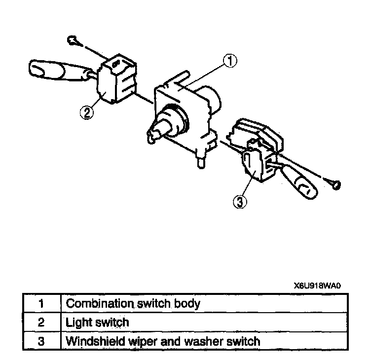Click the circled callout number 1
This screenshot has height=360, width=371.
pyautogui.click(x=230, y=61)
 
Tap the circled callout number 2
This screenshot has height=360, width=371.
pyautogui.click(x=86, y=112)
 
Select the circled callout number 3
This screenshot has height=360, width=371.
pyautogui.click(x=239, y=201)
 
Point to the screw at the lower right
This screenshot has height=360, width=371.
pyautogui.click(x=335, y=184)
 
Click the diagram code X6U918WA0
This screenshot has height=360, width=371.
pyautogui.click(x=317, y=286)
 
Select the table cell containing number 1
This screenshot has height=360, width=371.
pyautogui.click(x=41, y=303)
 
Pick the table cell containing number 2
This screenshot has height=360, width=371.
pyautogui.click(x=41, y=322)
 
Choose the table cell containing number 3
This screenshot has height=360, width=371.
pyautogui.click(x=41, y=341)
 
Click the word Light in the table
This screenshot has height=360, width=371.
pyautogui.click(x=77, y=322)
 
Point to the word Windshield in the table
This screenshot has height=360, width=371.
pyautogui.click(x=92, y=341)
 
